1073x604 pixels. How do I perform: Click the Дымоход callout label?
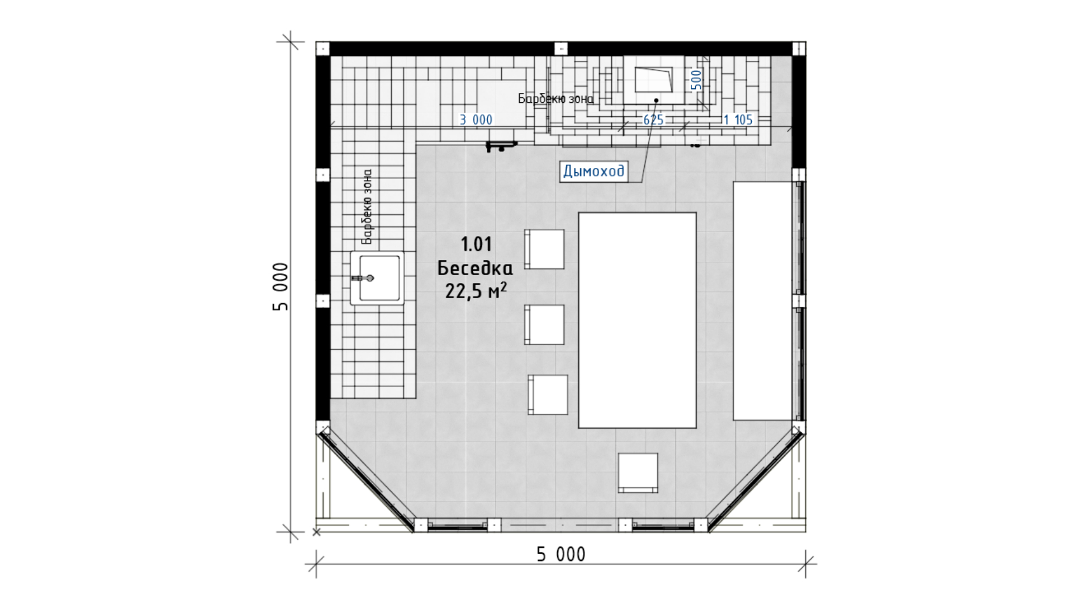click(x=593, y=171)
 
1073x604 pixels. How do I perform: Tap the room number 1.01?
click(x=476, y=244)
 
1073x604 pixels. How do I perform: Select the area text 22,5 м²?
click(x=476, y=291)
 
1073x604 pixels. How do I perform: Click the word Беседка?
click(x=475, y=268)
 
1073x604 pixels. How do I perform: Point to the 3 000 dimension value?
click(x=476, y=120)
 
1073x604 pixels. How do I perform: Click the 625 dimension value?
click(x=653, y=120)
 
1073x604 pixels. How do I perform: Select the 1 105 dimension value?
click(x=738, y=120)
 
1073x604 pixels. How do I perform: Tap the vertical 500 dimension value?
click(x=696, y=79)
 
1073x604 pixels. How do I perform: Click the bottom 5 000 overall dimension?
click(x=561, y=554)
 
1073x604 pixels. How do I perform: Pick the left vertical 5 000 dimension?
click(x=281, y=287)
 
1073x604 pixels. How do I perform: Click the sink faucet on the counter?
click(x=363, y=278)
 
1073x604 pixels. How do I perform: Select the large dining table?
click(x=637, y=320)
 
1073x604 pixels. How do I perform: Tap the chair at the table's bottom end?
click(x=638, y=473)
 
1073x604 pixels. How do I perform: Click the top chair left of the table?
click(x=544, y=249)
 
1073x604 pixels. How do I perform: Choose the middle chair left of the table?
click(x=544, y=324)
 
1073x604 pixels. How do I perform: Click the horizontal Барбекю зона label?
click(x=556, y=99)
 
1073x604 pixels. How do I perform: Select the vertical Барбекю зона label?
click(x=367, y=207)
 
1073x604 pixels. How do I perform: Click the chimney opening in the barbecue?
click(x=653, y=79)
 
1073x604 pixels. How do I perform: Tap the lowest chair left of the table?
click(x=548, y=395)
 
